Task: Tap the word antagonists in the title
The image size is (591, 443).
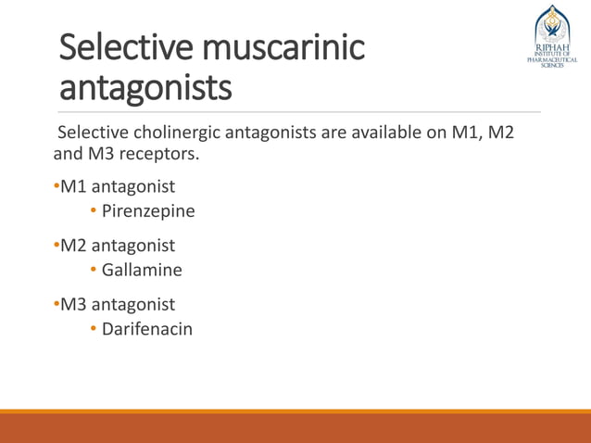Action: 146,90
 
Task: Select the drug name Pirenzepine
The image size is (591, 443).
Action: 148,211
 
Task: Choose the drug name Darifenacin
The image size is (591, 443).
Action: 147,328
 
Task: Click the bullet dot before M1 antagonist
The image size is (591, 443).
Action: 57,188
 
